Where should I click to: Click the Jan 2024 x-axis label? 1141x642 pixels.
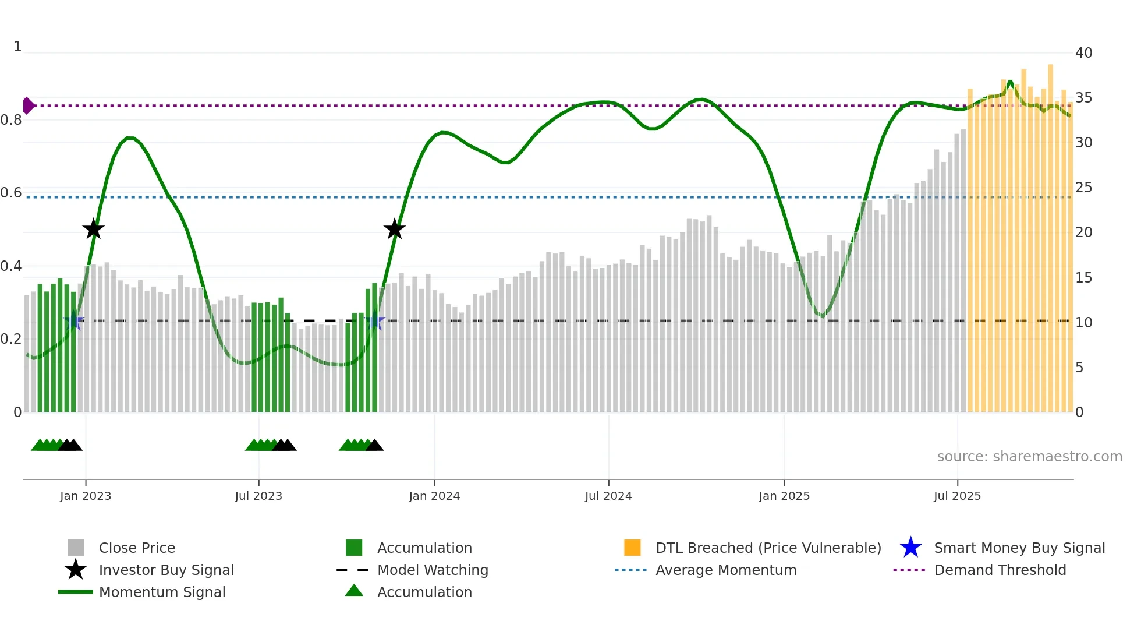[434, 496]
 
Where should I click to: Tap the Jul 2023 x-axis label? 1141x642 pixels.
[258, 496]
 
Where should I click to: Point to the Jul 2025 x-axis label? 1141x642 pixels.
[957, 496]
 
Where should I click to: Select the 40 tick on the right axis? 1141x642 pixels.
[1083, 53]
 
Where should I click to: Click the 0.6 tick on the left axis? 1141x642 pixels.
[11, 193]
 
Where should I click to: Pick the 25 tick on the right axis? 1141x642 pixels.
[1083, 188]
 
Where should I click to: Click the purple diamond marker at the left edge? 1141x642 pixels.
[28, 105]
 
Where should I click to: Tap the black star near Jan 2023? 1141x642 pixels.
[93, 230]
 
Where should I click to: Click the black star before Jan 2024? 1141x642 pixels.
[395, 230]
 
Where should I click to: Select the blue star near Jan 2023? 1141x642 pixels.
[73, 321]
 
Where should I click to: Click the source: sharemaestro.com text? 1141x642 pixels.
[1029, 457]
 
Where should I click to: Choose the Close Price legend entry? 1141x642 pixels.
[137, 548]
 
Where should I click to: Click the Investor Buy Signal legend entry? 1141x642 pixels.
[166, 570]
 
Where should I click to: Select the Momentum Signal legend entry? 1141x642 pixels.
[162, 592]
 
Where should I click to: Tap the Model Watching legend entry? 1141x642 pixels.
[433, 570]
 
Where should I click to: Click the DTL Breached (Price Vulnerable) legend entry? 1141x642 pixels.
[768, 548]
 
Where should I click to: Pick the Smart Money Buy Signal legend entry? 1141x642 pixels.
[1019, 548]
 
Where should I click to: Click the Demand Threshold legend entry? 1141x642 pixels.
[1000, 570]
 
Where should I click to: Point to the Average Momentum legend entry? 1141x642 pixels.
[725, 570]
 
